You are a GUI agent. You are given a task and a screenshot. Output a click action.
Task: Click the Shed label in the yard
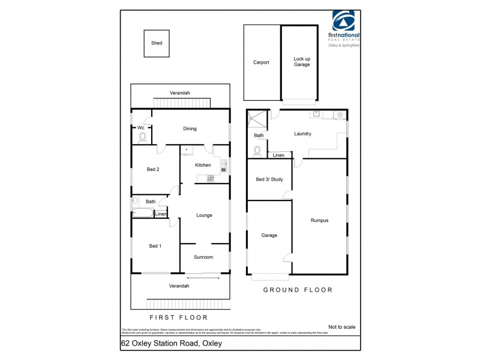[x=157, y=43]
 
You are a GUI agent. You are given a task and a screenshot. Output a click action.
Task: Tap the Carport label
[x=261, y=62]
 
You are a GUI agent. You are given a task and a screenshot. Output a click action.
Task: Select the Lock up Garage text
[x=302, y=62]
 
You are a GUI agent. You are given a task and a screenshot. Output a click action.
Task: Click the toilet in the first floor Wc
[x=142, y=137]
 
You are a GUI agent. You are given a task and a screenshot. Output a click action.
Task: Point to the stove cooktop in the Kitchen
[x=211, y=178]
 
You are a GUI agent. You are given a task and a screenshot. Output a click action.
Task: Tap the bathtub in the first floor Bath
[x=143, y=213]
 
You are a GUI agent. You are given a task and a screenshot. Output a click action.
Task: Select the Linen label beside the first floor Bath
[x=161, y=214]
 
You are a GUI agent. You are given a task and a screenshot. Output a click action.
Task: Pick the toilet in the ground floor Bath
[x=259, y=151]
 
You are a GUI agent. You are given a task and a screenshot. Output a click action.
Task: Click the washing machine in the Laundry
[x=340, y=115]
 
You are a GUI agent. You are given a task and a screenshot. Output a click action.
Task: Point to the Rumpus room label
[x=319, y=220]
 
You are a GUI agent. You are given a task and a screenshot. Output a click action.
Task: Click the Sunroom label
[x=203, y=257]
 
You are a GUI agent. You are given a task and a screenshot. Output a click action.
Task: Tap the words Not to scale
[x=342, y=327]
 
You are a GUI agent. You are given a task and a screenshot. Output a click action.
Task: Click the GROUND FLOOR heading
[x=298, y=290]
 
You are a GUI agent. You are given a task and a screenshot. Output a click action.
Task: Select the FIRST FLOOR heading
[x=178, y=317]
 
